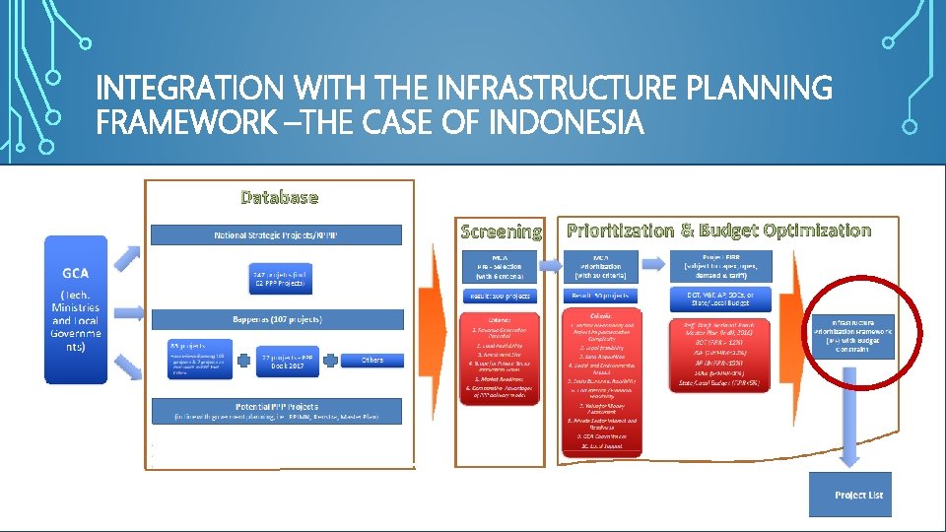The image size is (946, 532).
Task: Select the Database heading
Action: coord(280,197)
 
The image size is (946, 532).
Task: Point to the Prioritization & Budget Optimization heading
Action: coord(718,231)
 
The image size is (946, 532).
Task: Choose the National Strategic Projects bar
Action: coord(277,235)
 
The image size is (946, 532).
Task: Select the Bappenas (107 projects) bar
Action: coord(277,319)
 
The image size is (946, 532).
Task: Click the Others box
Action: coord(372,359)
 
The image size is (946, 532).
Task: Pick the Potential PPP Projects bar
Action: coord(277,411)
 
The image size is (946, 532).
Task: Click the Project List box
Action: coord(849,494)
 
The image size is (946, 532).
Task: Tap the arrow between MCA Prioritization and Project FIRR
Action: coord(651,263)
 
